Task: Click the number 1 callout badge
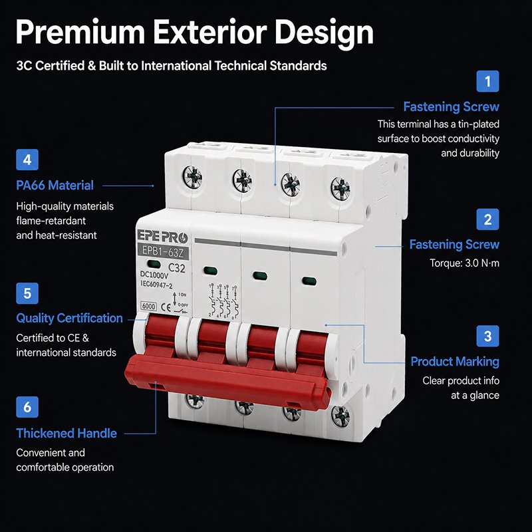tap(487, 81)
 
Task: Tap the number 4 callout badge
tap(27, 160)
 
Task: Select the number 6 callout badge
tap(27, 407)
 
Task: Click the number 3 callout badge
tap(487, 336)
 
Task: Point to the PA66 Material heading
tap(55, 186)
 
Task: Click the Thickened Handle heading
tap(66, 434)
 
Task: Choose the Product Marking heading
tap(455, 362)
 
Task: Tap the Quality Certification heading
tap(69, 319)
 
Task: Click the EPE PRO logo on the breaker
tap(162, 237)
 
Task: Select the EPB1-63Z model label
tap(163, 251)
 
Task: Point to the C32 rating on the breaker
tap(177, 268)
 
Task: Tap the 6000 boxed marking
tap(148, 306)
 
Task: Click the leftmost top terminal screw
tap(192, 176)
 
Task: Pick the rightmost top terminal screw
tap(340, 188)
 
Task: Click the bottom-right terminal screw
tap(340, 416)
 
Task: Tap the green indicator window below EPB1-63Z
tap(154, 265)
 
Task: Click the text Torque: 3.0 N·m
tap(464, 263)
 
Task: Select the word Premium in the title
tap(80, 32)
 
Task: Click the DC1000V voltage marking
tap(154, 275)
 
